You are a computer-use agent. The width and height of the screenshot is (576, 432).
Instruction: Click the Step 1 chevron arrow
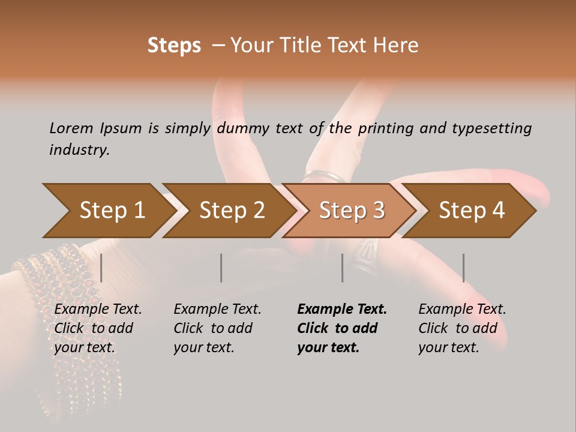pyautogui.click(x=108, y=211)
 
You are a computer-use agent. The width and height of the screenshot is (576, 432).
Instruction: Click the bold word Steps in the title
pyautogui.click(x=174, y=46)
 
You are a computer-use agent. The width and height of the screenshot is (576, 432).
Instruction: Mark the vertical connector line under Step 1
pyautogui.click(x=101, y=268)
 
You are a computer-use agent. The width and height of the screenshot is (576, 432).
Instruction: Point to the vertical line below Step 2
pyautogui.click(x=221, y=268)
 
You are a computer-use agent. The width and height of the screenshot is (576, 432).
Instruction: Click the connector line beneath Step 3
pyautogui.click(x=343, y=268)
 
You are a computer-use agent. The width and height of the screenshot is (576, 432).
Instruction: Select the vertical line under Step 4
pyautogui.click(x=464, y=268)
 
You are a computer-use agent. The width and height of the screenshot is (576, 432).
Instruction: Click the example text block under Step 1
pyautogui.click(x=98, y=328)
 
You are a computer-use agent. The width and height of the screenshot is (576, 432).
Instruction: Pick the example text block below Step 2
pyautogui.click(x=217, y=328)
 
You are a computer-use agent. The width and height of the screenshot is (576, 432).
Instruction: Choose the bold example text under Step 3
pyautogui.click(x=342, y=328)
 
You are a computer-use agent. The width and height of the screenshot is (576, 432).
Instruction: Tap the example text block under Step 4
pyautogui.click(x=462, y=328)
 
